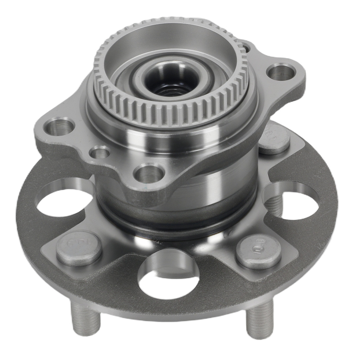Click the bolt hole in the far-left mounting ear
pyautogui.click(x=59, y=127)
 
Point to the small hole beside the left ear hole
pyautogui.click(x=100, y=152)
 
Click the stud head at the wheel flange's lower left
pyautogui.click(x=79, y=248)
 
